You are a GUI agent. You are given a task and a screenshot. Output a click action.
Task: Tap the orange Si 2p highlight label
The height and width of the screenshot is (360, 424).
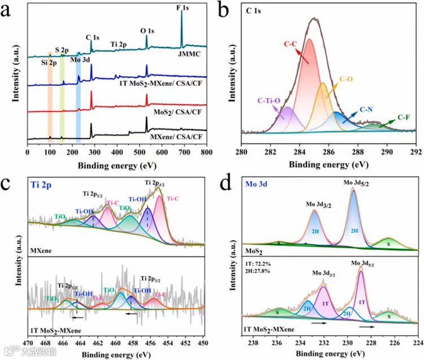50,63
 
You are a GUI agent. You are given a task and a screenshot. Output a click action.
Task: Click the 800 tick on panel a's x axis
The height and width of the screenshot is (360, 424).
208,152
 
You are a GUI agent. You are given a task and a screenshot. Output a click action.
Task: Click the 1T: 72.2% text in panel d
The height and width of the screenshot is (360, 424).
256,264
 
